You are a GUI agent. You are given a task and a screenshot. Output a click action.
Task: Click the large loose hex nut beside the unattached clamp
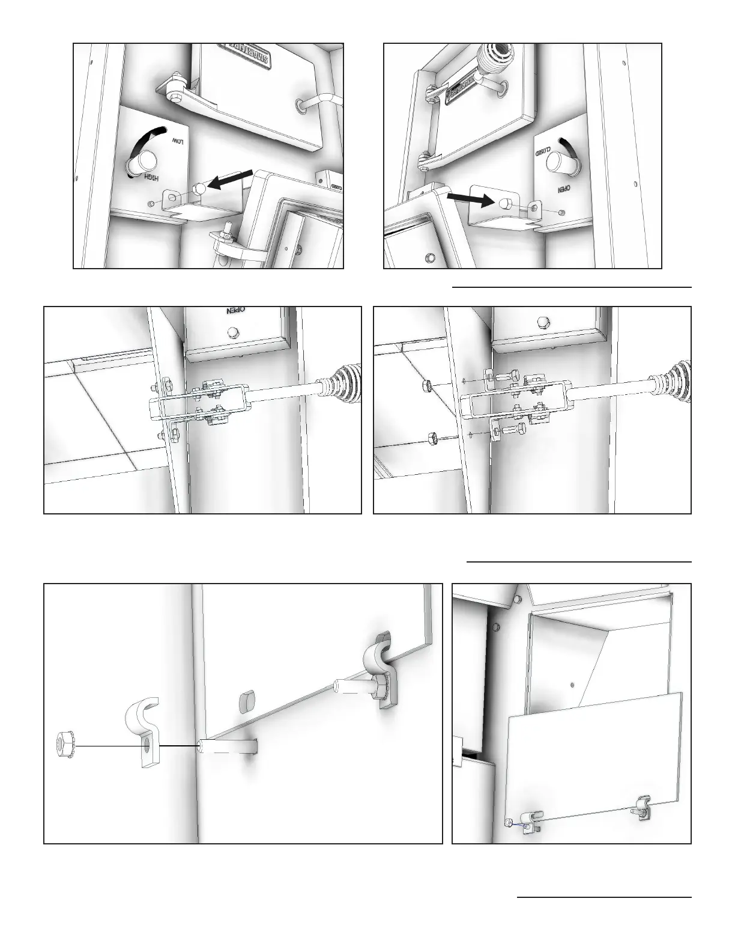tap(64, 746)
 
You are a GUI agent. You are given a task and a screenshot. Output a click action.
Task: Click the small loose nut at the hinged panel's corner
tap(509, 822)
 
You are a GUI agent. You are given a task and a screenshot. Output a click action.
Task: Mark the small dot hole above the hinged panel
tap(572, 685)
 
